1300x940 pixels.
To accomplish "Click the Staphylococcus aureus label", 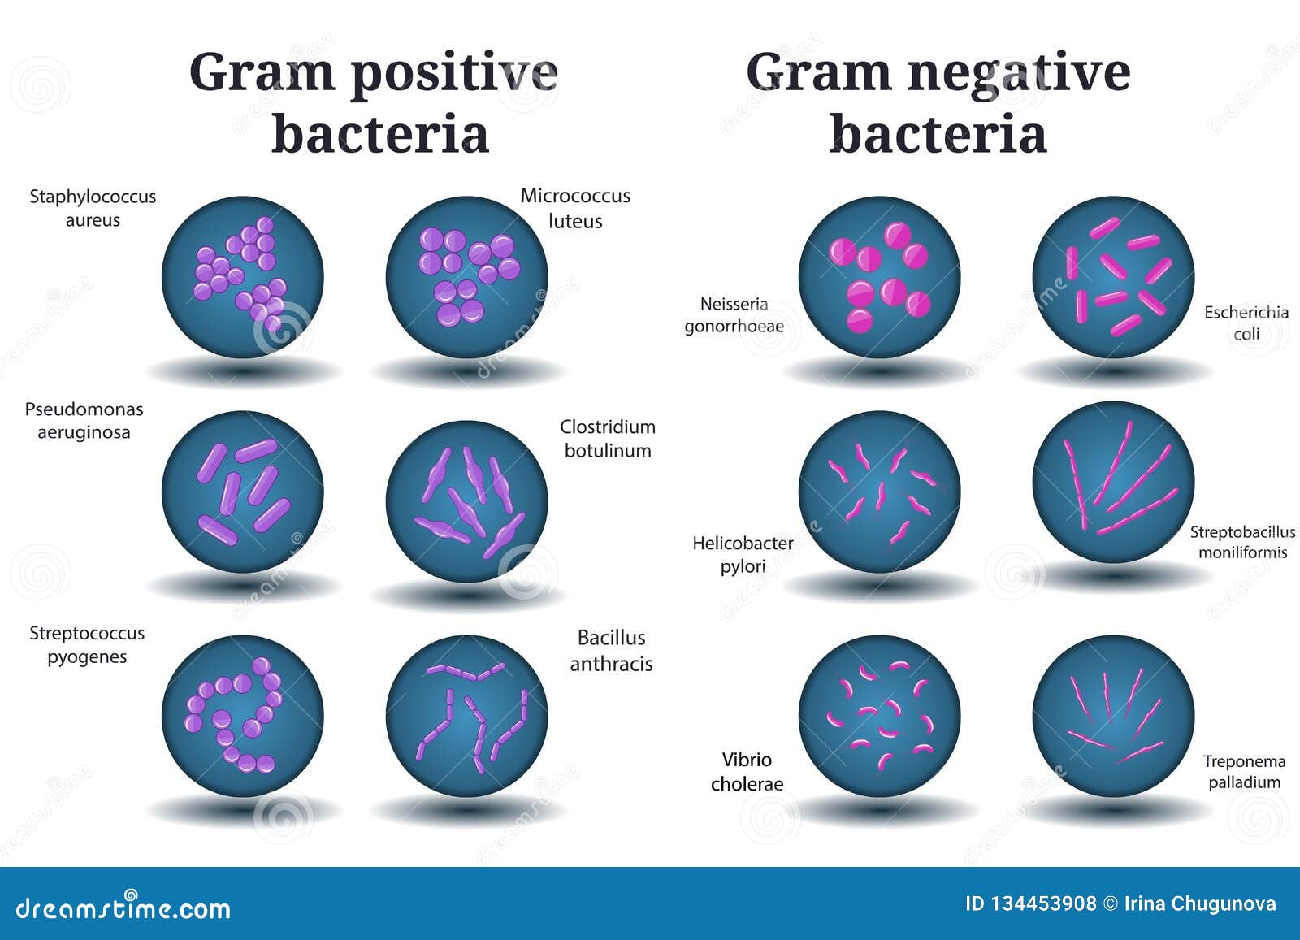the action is pos(93,208).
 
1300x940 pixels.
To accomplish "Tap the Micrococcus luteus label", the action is pos(575,208).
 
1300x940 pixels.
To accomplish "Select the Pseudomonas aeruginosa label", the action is pos(84,421).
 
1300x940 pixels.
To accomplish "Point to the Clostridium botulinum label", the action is pos(608,439).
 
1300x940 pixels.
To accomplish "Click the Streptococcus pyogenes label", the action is pos(87,644).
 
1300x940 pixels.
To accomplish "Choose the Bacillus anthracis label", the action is pos(611,651).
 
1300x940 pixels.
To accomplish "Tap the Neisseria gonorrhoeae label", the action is pos(734,315).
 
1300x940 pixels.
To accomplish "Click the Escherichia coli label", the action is pos(1246,323).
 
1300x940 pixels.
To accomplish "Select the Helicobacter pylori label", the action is pos(743,555).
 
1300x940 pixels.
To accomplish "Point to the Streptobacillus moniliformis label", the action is pos(1242,542).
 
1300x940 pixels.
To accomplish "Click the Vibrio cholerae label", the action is pos(747,772).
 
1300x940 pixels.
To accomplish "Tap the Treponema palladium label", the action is pos(1244,771).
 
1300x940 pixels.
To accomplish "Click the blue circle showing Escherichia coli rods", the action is pos(1113,277).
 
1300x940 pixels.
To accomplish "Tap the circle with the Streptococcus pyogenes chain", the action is pos(243,716).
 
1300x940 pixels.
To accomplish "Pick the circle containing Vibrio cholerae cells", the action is pos(879,716).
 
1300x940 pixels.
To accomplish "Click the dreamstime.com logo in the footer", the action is pos(123,907).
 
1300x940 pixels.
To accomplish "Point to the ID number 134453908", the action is pos(1031,904).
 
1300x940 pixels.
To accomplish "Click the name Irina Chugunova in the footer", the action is pos(1200,904).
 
